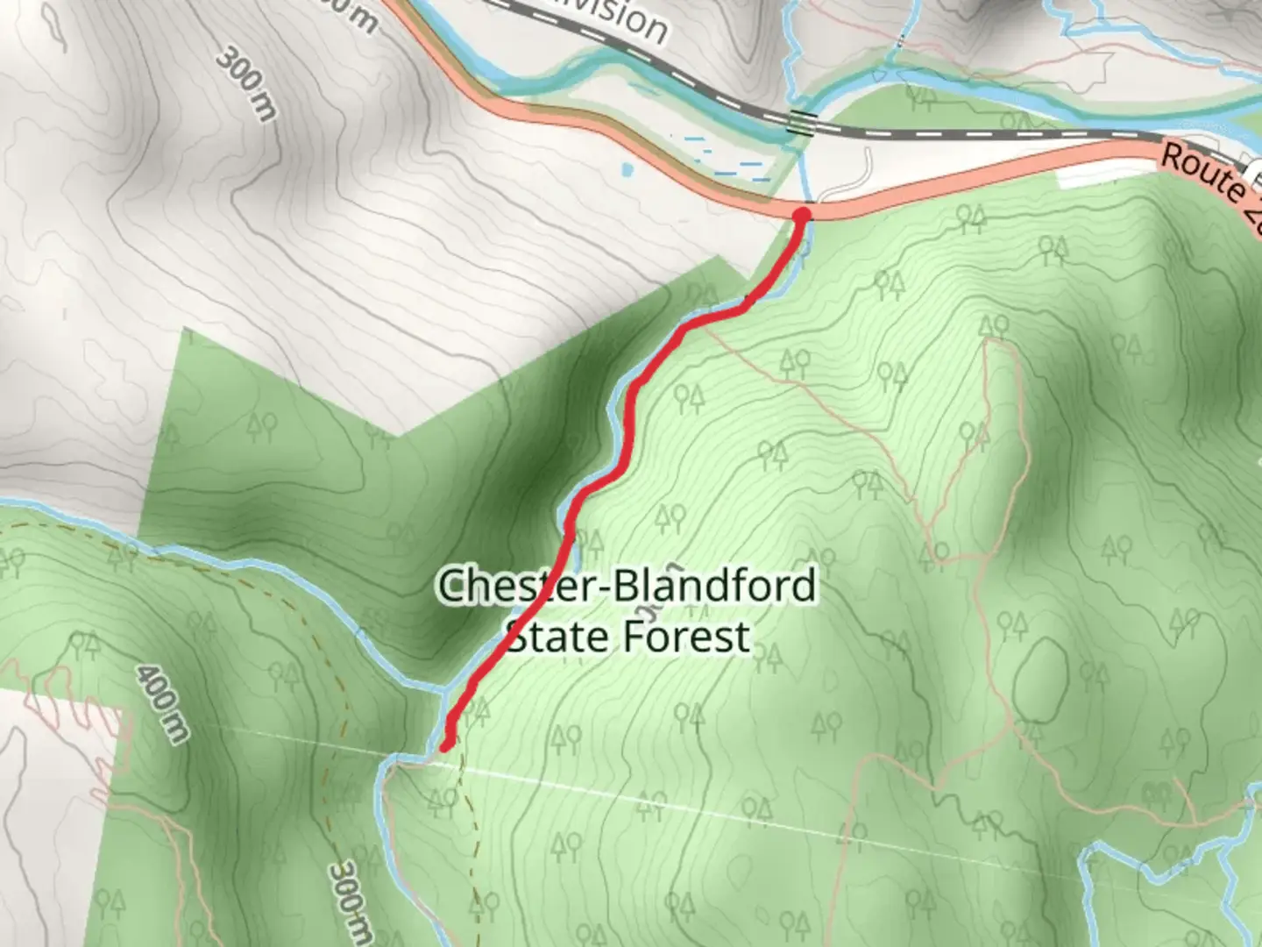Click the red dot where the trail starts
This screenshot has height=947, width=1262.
point(801,213)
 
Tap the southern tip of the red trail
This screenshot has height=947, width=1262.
point(446,745)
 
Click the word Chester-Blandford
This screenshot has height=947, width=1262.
point(627,586)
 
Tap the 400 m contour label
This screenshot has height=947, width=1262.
point(162,702)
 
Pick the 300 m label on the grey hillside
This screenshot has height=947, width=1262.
point(245,82)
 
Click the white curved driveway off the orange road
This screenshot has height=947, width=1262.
point(850,180)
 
